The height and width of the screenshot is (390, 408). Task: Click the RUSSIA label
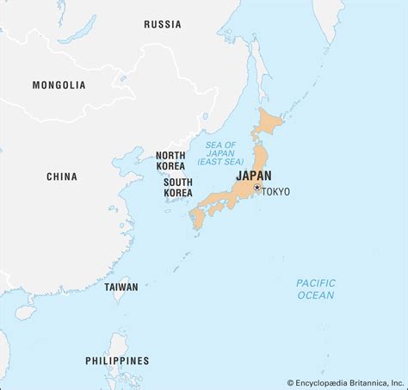tap(163, 23)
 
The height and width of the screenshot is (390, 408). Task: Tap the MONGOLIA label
tap(59, 84)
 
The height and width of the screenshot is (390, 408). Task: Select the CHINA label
tap(62, 176)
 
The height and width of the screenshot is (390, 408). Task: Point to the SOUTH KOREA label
tap(177, 187)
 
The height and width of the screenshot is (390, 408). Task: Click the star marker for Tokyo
tap(257, 188)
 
